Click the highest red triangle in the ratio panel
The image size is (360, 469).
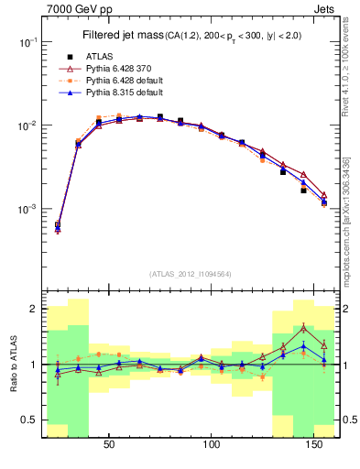coord(304,327)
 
